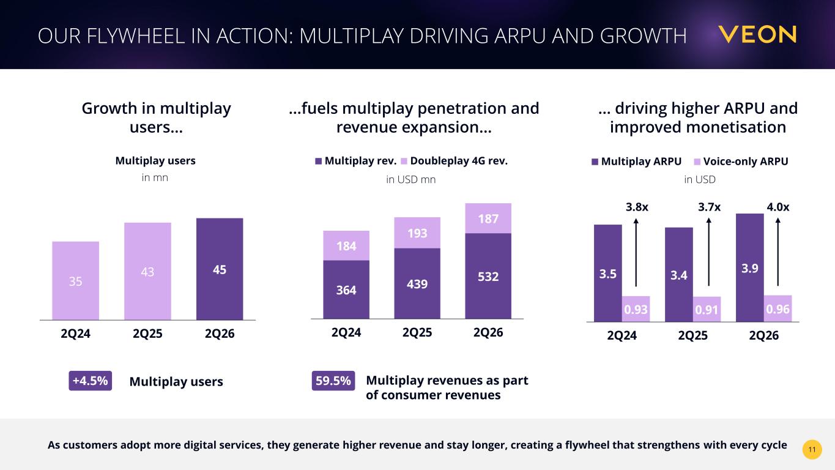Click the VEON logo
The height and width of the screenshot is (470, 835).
tap(757, 34)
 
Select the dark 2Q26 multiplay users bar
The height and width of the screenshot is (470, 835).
tap(220, 269)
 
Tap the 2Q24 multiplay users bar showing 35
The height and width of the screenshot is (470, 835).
tap(76, 280)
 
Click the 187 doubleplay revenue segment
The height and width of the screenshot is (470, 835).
tap(488, 218)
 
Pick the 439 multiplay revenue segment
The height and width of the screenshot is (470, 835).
tap(417, 283)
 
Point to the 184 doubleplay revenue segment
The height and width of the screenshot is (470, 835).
tap(346, 245)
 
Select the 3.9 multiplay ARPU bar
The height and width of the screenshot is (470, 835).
tap(749, 267)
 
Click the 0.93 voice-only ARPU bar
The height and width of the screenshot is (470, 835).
tap(636, 309)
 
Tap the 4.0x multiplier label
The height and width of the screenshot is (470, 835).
tap(778, 207)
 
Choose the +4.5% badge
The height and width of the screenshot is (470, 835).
tap(90, 381)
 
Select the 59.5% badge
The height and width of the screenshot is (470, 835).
tap(333, 381)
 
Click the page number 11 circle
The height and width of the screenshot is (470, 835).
tap(812, 449)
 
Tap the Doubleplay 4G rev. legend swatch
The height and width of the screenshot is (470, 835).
tap(404, 161)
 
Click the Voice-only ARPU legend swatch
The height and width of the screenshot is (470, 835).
tap(697, 162)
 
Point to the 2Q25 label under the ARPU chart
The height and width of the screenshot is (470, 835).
tap(692, 335)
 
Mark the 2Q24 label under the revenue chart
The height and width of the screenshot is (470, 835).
tap(346, 332)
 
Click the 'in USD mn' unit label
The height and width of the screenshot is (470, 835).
tap(411, 180)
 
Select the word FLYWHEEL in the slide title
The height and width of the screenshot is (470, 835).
tap(136, 36)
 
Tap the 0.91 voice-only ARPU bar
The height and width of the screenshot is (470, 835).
tap(707, 309)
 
